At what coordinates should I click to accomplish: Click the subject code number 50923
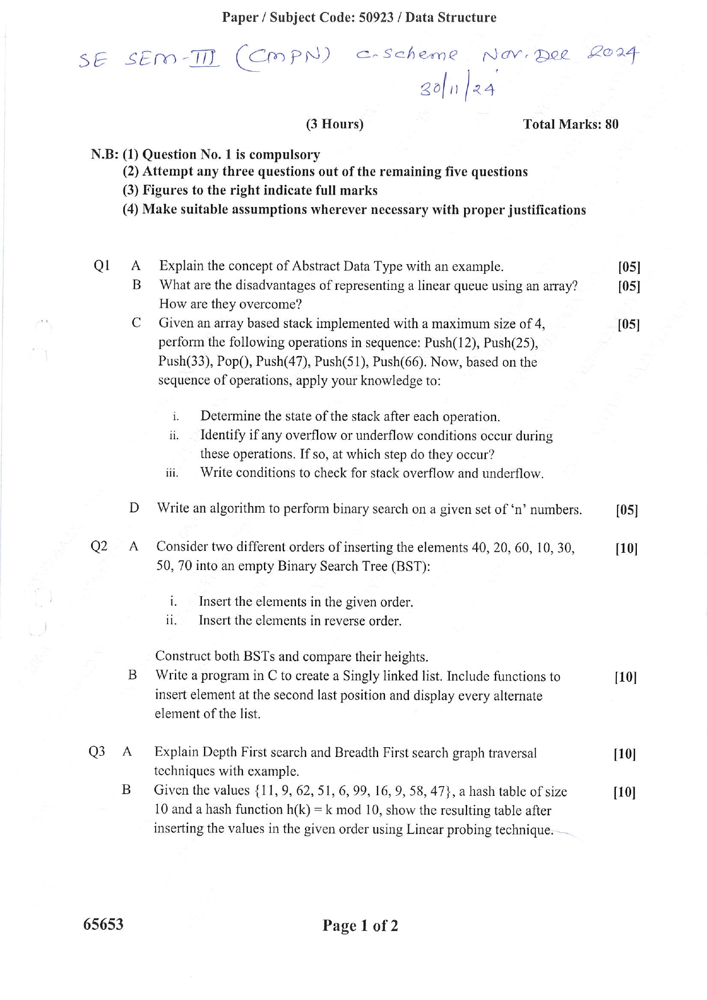[376, 18]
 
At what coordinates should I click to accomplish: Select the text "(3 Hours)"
[335, 124]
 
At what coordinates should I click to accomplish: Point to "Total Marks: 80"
[571, 124]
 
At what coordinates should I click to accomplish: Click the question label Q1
[101, 266]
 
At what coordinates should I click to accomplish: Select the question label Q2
[99, 546]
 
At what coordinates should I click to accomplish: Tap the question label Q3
[97, 752]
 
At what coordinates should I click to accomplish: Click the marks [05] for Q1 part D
[627, 510]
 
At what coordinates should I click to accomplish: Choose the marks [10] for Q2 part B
[625, 677]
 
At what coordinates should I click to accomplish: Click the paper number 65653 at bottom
[103, 924]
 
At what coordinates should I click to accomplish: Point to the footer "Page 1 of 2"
[360, 925]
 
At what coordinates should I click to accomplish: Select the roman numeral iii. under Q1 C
[172, 473]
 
